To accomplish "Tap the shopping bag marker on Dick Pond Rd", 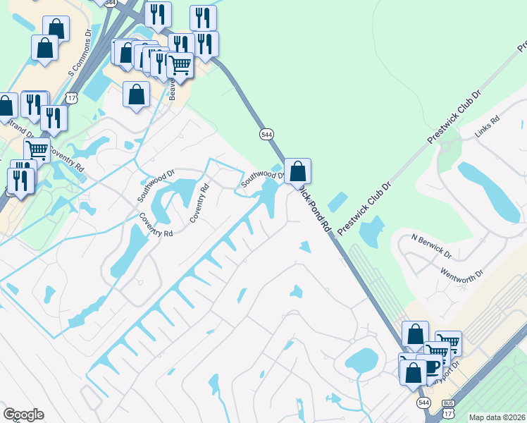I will pyautogui.click(x=298, y=171).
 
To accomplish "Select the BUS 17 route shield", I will pyautogui.click(x=448, y=406).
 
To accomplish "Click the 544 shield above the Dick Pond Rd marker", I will pyautogui.click(x=266, y=134).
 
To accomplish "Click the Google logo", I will pyautogui.click(x=23, y=415).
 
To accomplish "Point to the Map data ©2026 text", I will pyautogui.click(x=497, y=417).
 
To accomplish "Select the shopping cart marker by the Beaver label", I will pyautogui.click(x=180, y=65).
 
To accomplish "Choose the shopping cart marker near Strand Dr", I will pyautogui.click(x=37, y=149).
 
